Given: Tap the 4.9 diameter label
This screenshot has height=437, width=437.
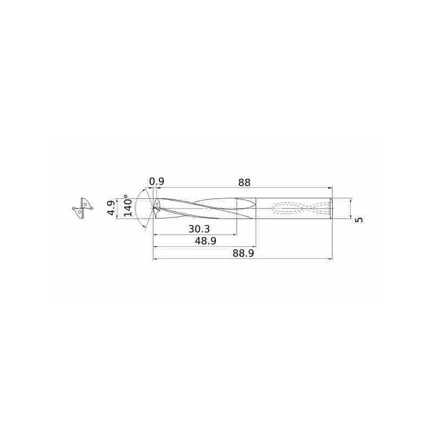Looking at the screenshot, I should [x=110, y=208].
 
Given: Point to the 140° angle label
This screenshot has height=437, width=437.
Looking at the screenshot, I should [x=128, y=206].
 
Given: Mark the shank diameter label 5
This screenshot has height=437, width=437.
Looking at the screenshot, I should [x=359, y=219].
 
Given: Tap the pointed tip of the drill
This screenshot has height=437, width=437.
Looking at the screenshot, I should [x=153, y=208].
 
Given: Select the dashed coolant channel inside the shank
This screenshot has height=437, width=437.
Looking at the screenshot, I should [x=300, y=208].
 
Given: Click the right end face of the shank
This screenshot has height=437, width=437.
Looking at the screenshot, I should [x=332, y=208].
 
